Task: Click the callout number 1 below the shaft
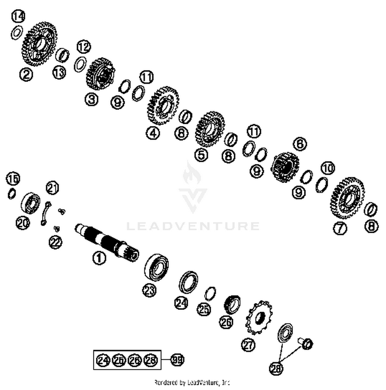(x=99, y=258)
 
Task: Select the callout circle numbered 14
(x=18, y=16)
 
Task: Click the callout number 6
(x=300, y=144)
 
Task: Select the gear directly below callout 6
(x=285, y=167)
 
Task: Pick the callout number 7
(x=340, y=228)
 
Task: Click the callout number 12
(x=84, y=47)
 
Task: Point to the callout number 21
(x=52, y=188)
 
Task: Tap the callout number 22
(x=56, y=242)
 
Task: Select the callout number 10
(x=328, y=168)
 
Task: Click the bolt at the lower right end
(x=306, y=343)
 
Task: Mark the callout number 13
(x=59, y=72)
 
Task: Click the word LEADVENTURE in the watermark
(x=193, y=226)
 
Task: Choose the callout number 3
(x=92, y=99)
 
